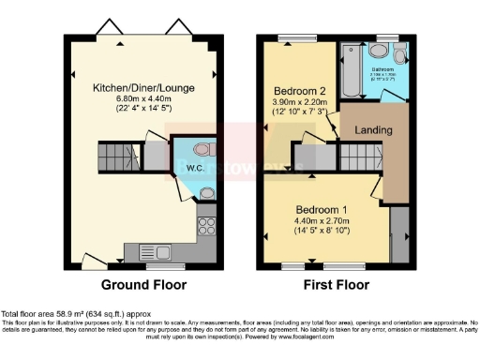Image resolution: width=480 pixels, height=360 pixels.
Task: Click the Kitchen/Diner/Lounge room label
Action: tap(142, 87)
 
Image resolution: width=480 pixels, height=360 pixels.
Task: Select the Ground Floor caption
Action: tap(142, 285)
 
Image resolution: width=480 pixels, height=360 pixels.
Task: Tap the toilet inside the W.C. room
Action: tap(207, 150)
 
